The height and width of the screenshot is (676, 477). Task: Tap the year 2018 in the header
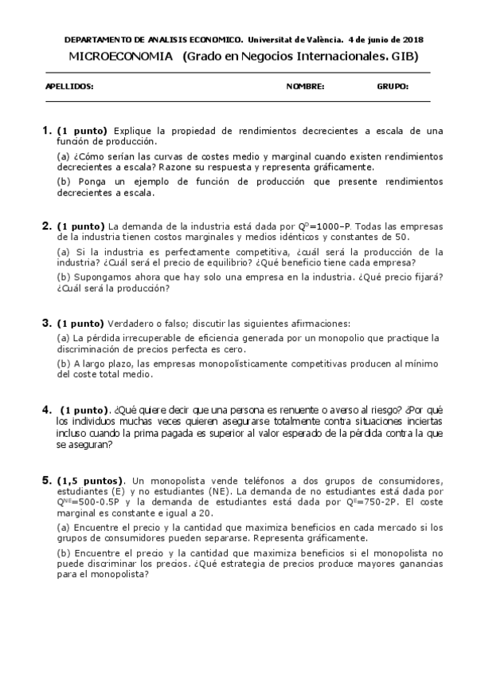coord(412,39)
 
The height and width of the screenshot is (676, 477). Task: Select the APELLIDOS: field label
coord(69,87)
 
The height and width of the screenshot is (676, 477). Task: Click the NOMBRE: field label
coord(305,87)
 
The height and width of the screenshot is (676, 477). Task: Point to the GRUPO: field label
coord(393,87)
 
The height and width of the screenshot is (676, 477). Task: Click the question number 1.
coord(46,130)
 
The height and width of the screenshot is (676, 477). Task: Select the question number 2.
coord(46,226)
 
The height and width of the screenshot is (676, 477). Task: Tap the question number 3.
coord(46,323)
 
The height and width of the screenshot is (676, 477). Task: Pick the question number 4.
coord(46,410)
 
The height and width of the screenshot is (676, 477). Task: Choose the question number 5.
coord(46,481)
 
